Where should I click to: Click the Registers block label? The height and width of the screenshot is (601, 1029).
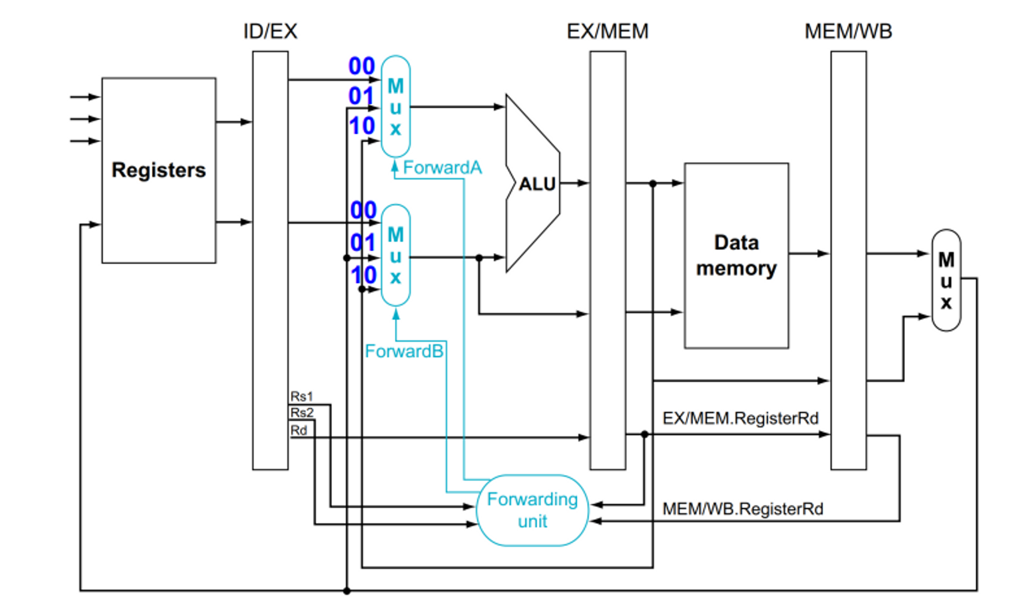(x=158, y=170)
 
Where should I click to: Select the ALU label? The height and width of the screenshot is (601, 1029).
(x=537, y=184)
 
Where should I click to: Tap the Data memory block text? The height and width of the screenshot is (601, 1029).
(x=736, y=256)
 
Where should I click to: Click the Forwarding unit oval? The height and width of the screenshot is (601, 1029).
(x=533, y=510)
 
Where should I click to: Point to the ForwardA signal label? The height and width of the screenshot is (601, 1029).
(x=442, y=168)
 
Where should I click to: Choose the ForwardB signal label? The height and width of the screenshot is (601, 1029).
(x=404, y=351)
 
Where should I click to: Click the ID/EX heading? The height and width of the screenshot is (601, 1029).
(x=270, y=31)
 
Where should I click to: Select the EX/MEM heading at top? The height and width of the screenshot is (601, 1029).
(x=607, y=31)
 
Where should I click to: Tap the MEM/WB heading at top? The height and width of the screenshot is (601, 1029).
(x=848, y=31)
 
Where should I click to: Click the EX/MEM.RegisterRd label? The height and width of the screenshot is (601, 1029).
(x=740, y=418)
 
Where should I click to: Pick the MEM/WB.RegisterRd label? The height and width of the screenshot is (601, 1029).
(x=742, y=509)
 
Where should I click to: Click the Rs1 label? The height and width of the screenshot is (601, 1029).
(x=301, y=396)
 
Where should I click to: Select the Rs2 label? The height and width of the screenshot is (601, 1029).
(x=301, y=413)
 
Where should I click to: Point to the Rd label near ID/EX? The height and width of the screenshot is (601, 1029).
(x=298, y=430)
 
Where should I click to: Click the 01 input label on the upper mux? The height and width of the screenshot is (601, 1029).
(x=361, y=96)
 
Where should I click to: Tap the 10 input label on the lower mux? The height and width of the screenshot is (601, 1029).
(x=363, y=276)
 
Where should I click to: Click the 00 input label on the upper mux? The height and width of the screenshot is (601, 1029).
(x=361, y=66)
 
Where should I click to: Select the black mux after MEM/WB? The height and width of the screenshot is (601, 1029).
(x=946, y=280)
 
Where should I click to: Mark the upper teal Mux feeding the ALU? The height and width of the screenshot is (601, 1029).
(x=395, y=106)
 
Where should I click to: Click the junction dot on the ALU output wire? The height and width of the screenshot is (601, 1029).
(x=653, y=184)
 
